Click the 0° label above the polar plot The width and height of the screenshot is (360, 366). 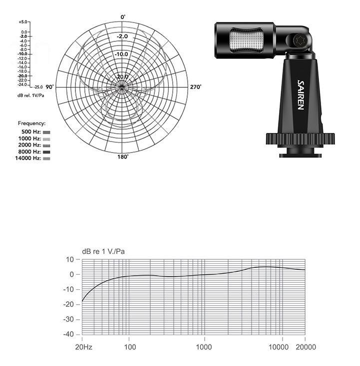click(123, 17)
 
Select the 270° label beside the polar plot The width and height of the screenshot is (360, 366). click(196, 87)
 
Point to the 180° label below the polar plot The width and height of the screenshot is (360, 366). click(123, 157)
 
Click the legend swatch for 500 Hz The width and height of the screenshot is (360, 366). click(46, 132)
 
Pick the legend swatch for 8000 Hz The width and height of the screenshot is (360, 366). click(46, 152)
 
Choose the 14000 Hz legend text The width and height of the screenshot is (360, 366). click(28, 158)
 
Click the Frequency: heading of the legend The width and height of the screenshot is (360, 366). click(32, 123)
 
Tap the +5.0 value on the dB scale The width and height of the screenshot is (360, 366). click(23, 22)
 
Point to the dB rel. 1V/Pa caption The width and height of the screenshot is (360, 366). click(29, 95)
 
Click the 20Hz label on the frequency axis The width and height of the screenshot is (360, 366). click(83, 347)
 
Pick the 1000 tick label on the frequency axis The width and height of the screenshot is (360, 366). click(204, 347)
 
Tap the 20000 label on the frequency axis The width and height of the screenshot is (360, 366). click(305, 347)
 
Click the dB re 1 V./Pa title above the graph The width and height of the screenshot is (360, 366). click(103, 251)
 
